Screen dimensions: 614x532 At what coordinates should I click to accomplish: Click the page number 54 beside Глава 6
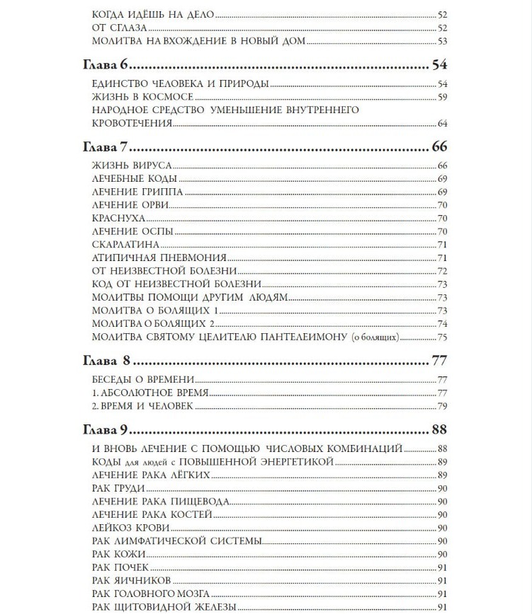tap(440, 66)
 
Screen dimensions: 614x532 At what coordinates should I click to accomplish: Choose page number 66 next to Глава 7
tap(440, 148)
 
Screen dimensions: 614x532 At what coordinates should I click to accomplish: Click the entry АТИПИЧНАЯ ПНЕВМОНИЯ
tap(159, 257)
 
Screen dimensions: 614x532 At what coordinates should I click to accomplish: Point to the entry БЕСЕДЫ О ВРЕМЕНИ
tap(144, 379)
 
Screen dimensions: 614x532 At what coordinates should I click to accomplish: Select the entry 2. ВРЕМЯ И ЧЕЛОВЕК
tap(142, 406)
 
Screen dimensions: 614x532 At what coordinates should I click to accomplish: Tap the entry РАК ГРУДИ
tap(119, 488)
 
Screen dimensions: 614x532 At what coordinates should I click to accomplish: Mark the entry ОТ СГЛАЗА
tap(120, 28)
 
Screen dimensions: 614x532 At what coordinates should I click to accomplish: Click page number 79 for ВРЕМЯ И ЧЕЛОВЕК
tap(442, 406)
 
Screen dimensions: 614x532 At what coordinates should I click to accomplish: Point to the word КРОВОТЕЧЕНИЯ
tap(132, 123)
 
